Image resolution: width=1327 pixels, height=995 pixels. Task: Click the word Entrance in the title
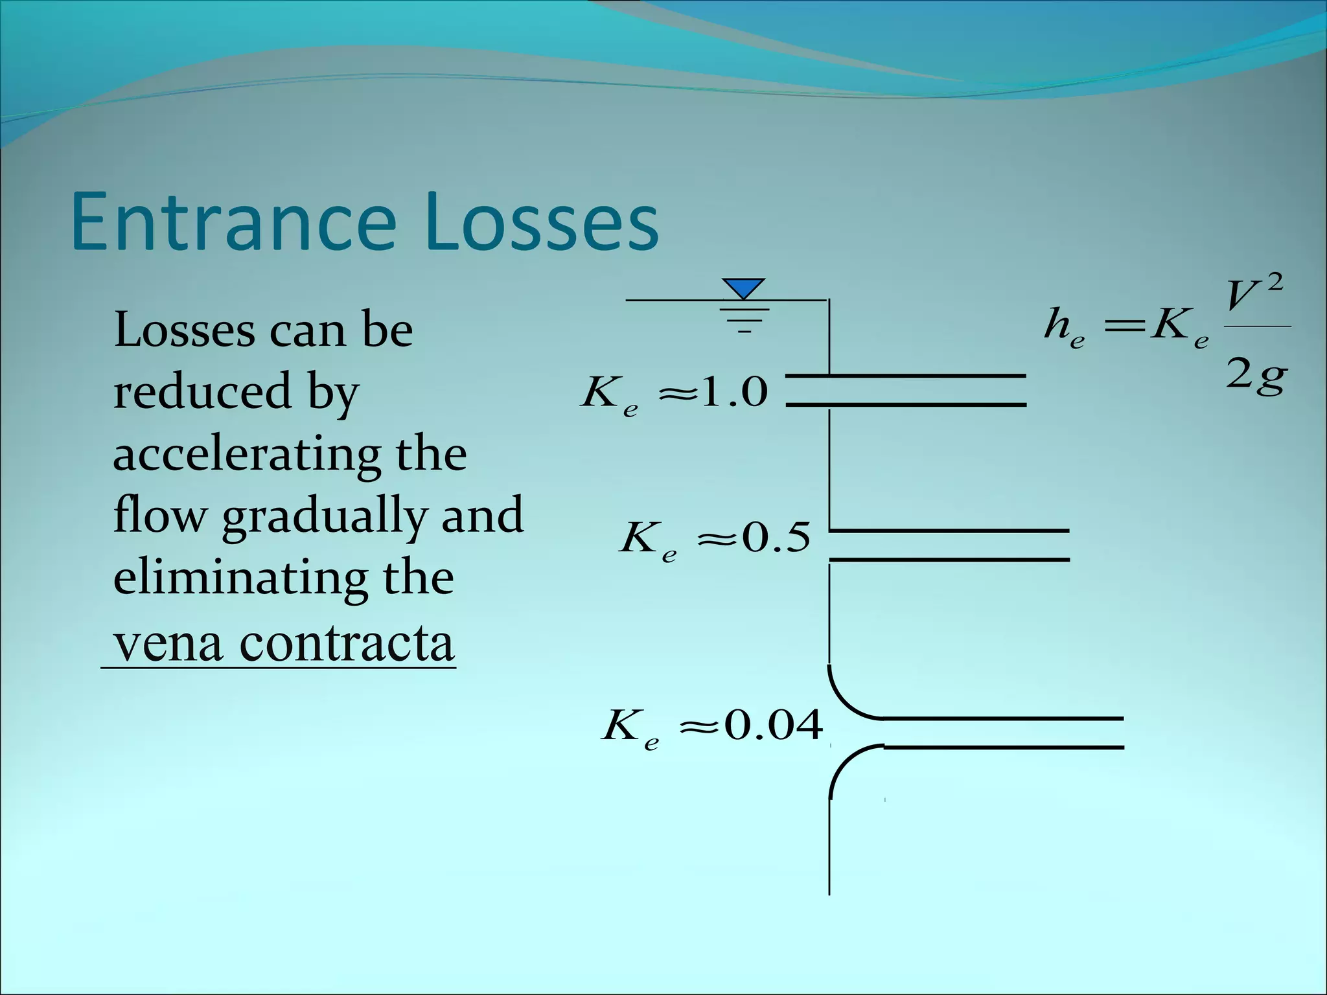tap(233, 222)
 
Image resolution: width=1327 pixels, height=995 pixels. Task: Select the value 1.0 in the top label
tap(734, 392)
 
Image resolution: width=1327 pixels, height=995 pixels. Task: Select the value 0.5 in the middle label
tap(776, 537)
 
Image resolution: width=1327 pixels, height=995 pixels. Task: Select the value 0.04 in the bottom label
tap(774, 725)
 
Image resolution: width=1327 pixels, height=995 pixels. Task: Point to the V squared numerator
tap(1253, 295)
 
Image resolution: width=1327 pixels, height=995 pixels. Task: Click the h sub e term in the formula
tap(1063, 326)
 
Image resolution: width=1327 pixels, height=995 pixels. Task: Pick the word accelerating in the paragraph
tap(247, 455)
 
